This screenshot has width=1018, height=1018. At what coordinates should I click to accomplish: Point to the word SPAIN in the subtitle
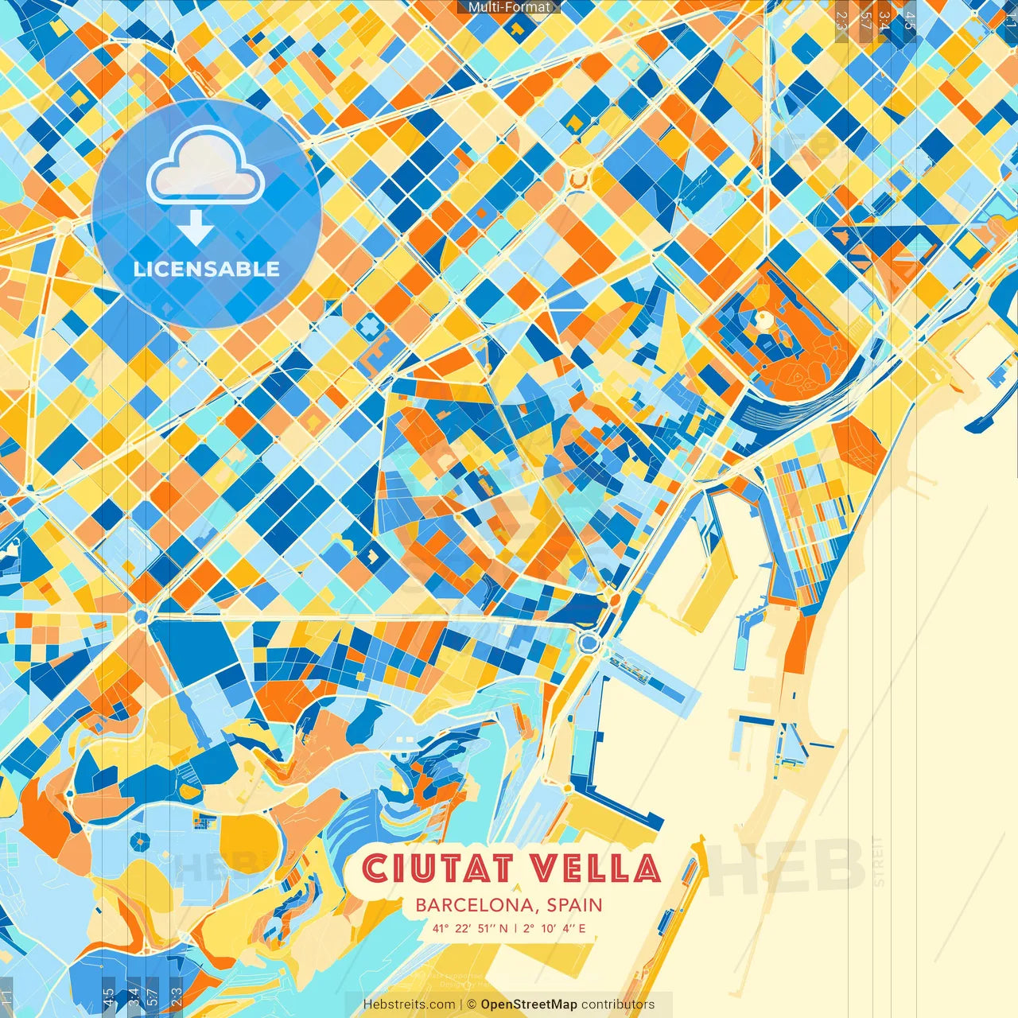(574, 905)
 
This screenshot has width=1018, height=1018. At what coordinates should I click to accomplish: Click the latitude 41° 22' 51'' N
(470, 928)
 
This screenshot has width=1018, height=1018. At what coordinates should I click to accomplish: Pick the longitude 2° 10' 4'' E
(554, 928)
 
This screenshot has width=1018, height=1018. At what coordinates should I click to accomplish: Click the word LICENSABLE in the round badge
(207, 269)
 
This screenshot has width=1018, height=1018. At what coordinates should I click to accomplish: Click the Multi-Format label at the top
(509, 7)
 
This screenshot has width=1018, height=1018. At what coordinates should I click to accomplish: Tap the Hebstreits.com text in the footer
(410, 1004)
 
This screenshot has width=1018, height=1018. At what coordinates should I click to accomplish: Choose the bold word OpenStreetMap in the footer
(529, 1004)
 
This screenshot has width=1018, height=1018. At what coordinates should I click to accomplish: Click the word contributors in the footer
(618, 1004)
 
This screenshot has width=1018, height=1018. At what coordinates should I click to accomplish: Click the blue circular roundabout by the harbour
(589, 642)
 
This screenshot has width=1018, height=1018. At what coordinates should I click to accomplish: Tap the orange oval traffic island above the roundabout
(612, 596)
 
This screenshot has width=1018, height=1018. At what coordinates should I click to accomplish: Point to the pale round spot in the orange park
(763, 321)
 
